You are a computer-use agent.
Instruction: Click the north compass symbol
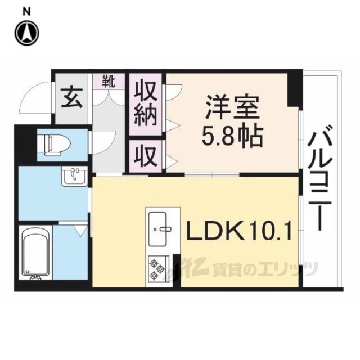[x=27, y=33]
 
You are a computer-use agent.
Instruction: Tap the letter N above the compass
[x=27, y=12]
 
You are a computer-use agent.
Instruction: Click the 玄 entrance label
[x=71, y=100]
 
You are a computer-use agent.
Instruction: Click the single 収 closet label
[x=146, y=156]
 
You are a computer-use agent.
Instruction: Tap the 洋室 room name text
[x=232, y=107]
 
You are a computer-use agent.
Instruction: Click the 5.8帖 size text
[x=232, y=137]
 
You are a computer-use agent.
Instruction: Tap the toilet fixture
[x=55, y=145]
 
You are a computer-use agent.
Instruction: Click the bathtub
[x=35, y=253]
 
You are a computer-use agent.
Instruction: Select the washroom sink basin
[x=74, y=176]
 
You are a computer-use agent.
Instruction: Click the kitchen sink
[x=157, y=229]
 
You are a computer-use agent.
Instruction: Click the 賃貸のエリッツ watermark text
[x=265, y=269]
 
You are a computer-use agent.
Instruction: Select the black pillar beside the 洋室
[x=295, y=88]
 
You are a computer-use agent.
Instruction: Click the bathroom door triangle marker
[x=81, y=230]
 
